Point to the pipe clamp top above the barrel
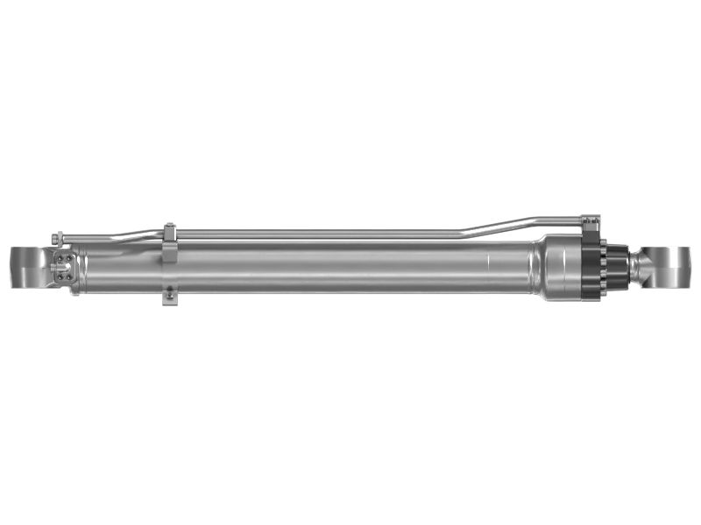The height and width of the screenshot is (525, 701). click(169, 231)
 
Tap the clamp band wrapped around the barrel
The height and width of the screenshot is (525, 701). click(170, 262)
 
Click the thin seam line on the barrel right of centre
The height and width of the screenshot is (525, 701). click(487, 266)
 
